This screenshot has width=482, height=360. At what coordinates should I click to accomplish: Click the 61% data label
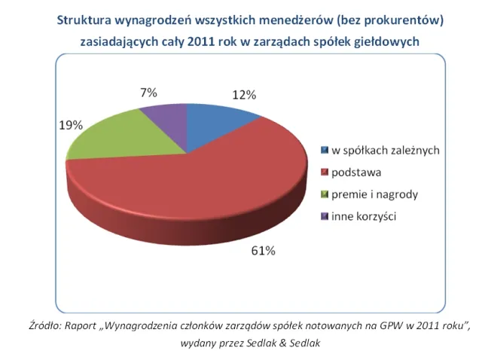[263, 250]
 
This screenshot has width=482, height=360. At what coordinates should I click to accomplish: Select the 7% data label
[148, 92]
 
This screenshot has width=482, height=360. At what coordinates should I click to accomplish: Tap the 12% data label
[244, 94]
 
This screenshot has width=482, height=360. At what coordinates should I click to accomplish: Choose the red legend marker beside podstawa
[324, 172]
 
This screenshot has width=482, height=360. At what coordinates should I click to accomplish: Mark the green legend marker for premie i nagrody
[324, 194]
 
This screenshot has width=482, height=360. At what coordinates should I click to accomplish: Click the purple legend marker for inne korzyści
[324, 216]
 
